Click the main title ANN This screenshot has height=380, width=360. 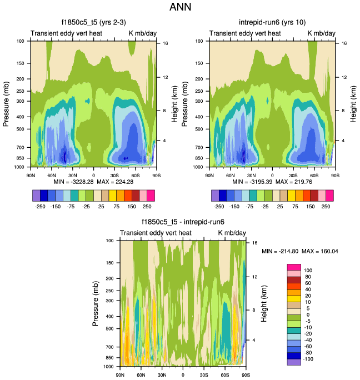(180, 8)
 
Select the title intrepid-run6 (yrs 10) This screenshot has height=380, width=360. (272, 23)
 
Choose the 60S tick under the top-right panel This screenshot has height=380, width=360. (314, 175)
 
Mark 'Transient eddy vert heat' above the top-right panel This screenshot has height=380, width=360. (245, 34)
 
